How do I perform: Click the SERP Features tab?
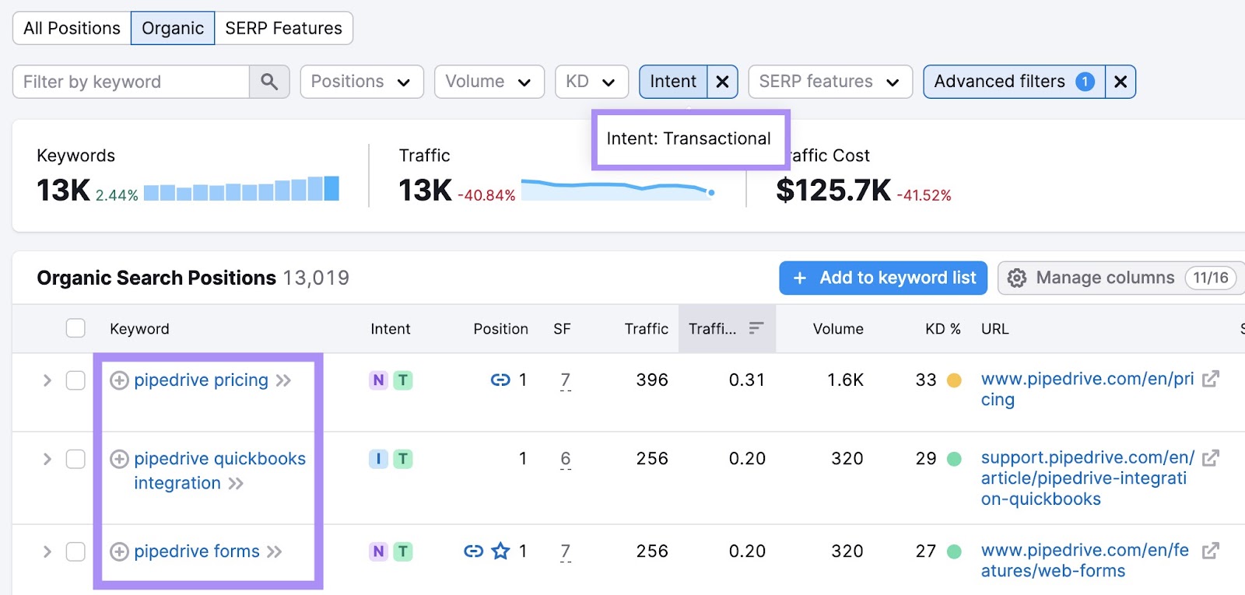click(283, 28)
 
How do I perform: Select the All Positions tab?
click(72, 28)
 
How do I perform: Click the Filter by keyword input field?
click(131, 82)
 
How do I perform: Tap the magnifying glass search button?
click(269, 82)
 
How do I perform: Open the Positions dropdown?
click(361, 82)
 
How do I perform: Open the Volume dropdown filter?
click(488, 82)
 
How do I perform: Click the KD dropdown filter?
click(591, 82)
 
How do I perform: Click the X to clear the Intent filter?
click(722, 82)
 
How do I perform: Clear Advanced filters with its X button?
click(1120, 82)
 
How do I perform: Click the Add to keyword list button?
click(883, 278)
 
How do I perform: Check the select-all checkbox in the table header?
click(75, 328)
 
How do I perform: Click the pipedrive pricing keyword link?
click(201, 380)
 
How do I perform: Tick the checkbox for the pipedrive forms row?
click(75, 551)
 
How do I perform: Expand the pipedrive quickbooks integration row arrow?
click(47, 459)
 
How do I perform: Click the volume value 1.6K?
click(845, 380)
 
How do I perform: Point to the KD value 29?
click(926, 459)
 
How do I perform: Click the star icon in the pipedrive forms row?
click(500, 551)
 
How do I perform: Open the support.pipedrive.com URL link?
click(1087, 478)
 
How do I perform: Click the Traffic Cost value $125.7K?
click(833, 191)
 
